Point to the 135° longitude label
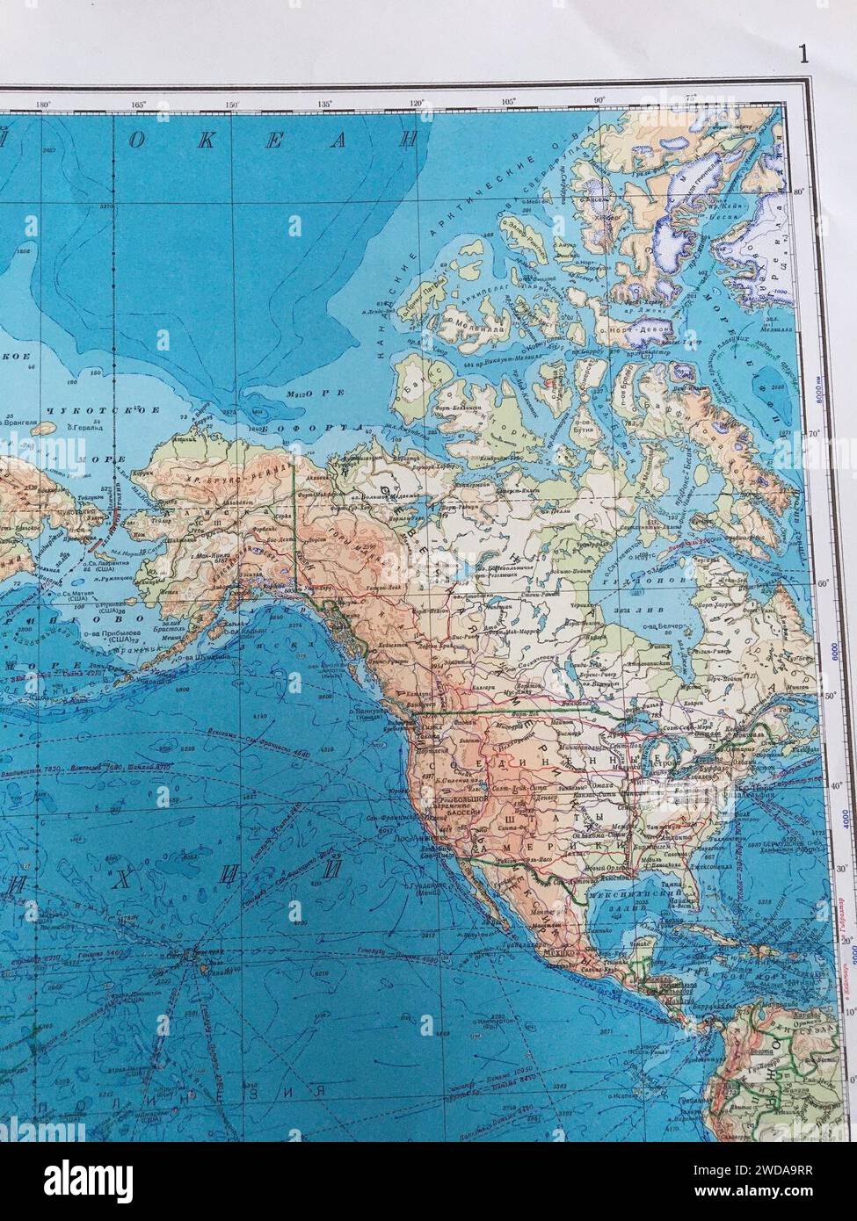point(325,104)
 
